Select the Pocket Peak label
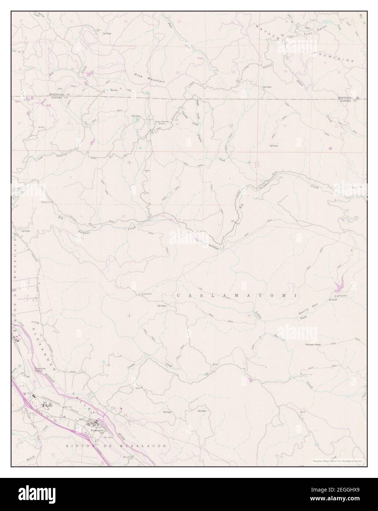[313, 345]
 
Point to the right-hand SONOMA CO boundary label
[348, 100]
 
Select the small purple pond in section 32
[330, 149]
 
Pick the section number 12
[219, 224]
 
